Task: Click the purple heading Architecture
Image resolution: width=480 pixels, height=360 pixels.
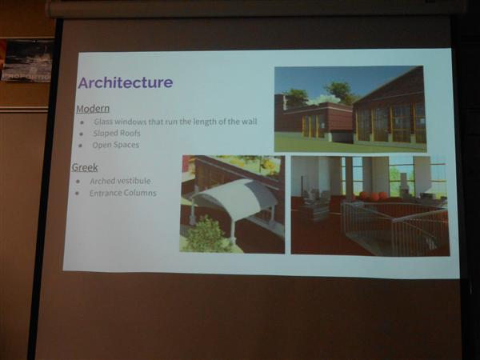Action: coord(126,82)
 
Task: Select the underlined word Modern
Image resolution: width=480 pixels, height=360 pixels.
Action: coord(93,109)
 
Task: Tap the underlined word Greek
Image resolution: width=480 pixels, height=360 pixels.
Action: coord(85,167)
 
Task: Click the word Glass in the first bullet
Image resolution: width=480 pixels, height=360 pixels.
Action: coord(101,122)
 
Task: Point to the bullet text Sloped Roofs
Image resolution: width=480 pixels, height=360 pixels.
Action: coord(117,133)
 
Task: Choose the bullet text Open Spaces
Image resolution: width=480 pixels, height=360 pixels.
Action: coord(116,145)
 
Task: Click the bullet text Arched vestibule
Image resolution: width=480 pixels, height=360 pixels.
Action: coord(120,182)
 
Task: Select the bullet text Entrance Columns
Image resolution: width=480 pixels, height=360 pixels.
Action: coord(122,193)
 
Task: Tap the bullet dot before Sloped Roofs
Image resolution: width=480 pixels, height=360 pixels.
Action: coord(82,134)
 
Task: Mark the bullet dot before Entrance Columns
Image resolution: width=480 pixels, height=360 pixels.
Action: coord(77,194)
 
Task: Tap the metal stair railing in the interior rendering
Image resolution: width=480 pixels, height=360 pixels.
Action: coord(395,226)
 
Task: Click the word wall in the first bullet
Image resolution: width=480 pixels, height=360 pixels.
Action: coord(250,122)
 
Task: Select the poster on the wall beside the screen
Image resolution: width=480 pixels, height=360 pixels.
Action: coord(27,61)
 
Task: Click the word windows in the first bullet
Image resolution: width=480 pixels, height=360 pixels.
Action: coord(128,122)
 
